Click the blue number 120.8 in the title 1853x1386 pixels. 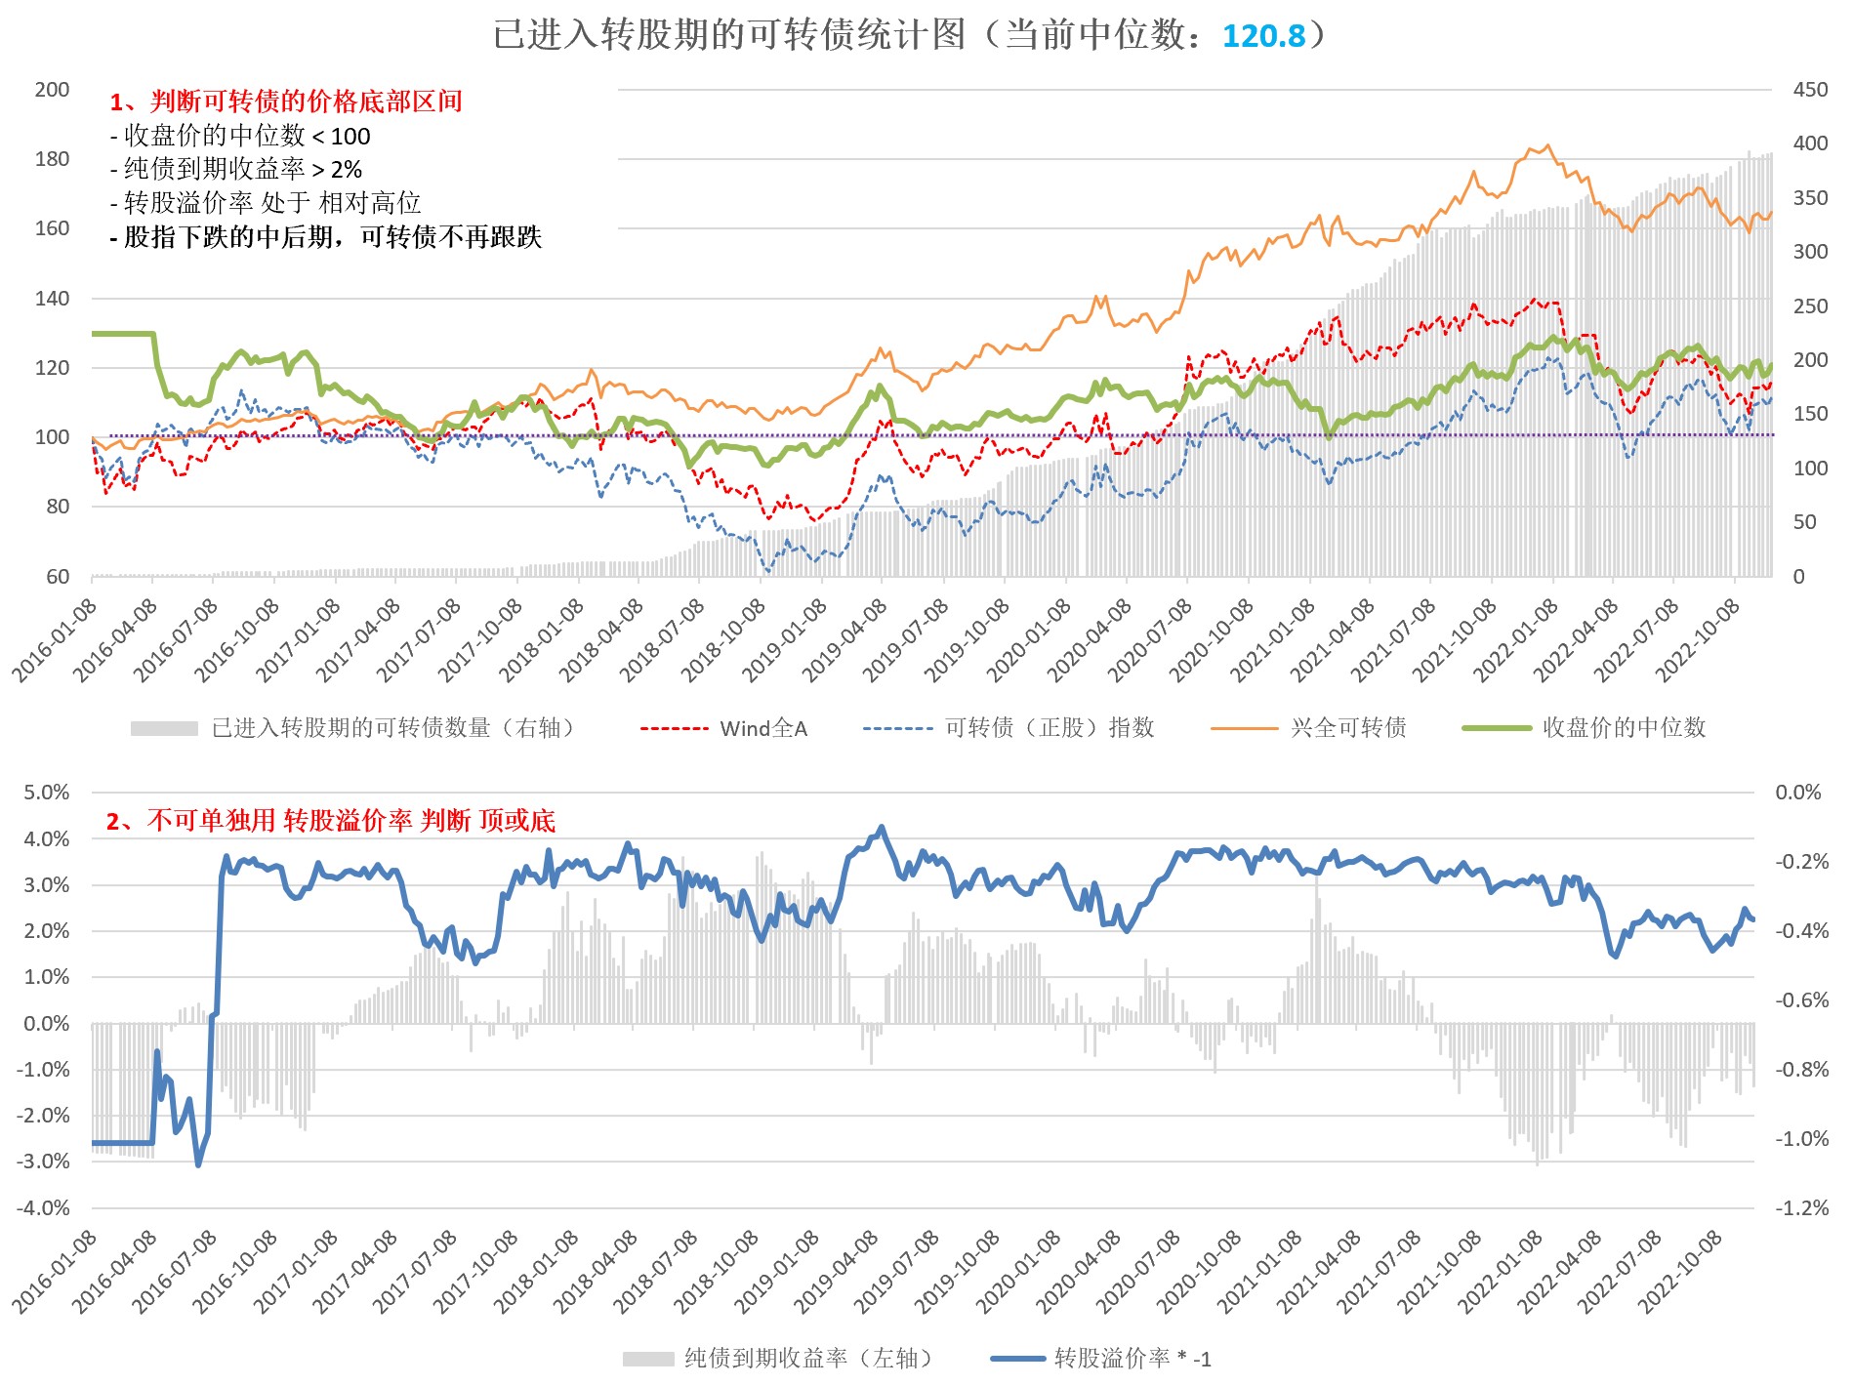[x=1263, y=36]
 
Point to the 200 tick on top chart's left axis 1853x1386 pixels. [x=52, y=90]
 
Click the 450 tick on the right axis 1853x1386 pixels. [x=1810, y=90]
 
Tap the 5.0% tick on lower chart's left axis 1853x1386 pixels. [x=47, y=792]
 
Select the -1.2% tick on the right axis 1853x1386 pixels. [x=1801, y=1207]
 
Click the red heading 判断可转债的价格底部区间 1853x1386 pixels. [x=286, y=102]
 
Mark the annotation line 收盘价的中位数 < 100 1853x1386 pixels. [x=240, y=136]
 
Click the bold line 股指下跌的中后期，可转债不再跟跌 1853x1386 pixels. [x=326, y=237]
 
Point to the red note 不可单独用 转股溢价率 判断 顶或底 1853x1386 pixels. [x=331, y=821]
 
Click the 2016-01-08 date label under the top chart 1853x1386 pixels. [x=57, y=639]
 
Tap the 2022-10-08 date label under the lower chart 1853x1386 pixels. [x=1681, y=1271]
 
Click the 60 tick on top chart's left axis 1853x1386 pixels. [x=58, y=576]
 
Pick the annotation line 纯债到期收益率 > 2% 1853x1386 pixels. [x=236, y=169]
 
